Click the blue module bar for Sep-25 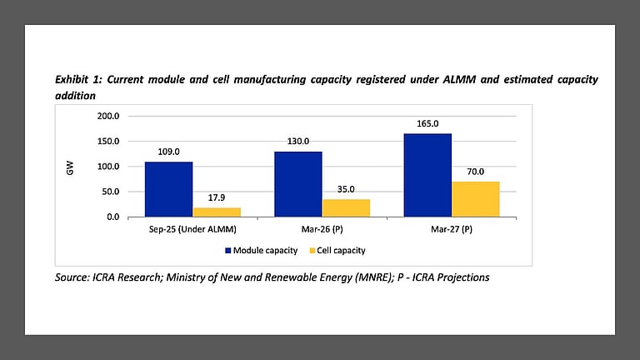point(168,189)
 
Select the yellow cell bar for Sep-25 point(217,212)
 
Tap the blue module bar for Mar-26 point(297,184)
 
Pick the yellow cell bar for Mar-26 point(346,207)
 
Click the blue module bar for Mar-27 point(427,175)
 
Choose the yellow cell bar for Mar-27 point(476,199)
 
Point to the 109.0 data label point(168,152)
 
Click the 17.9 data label point(217,198)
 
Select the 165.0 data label point(427,124)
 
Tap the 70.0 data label point(476,172)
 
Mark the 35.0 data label point(346,190)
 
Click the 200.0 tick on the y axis point(108,116)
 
